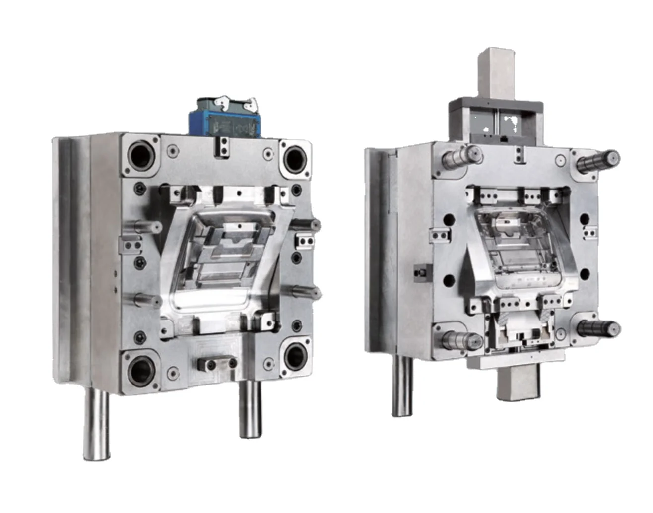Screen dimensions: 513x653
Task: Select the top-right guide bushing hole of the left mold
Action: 296,157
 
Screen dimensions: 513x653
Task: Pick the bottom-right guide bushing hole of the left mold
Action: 296,355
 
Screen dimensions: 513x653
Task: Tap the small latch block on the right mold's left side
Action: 421,272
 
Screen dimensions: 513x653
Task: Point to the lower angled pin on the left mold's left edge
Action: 144,300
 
